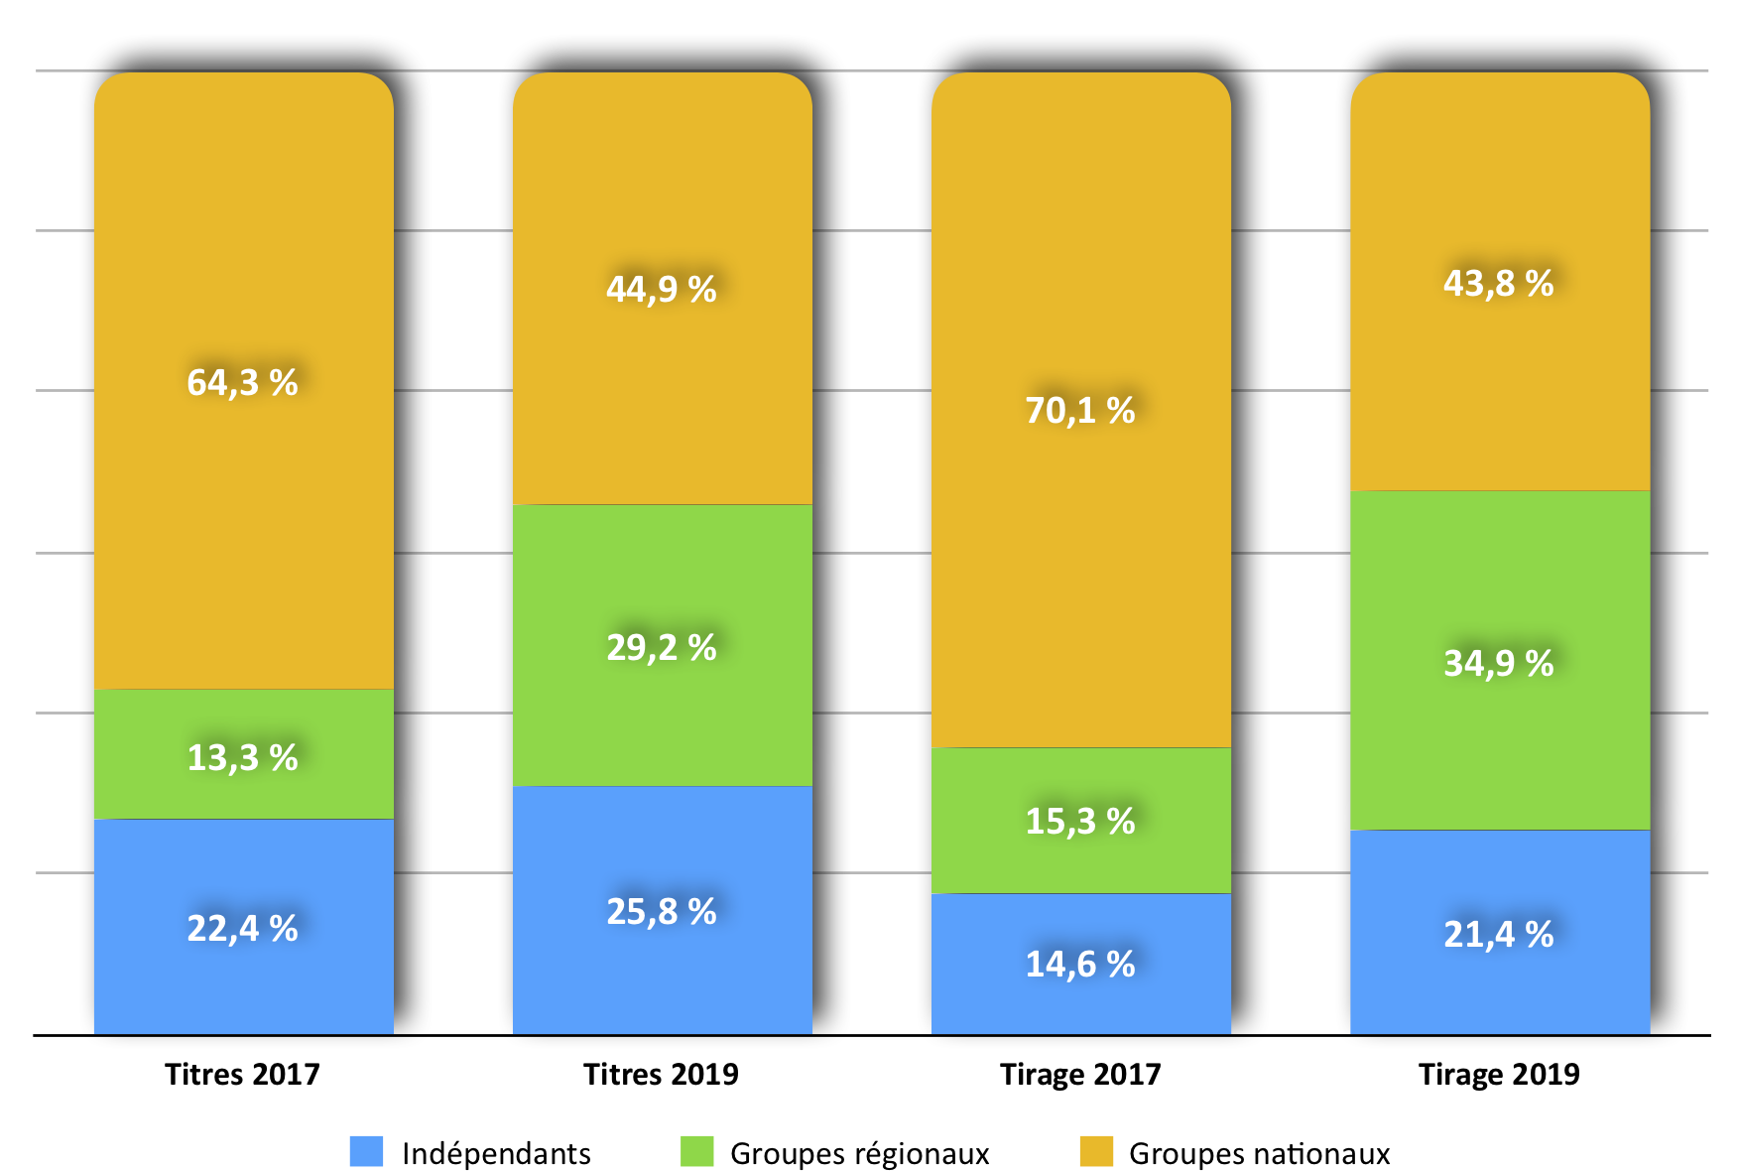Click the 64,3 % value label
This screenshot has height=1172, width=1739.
coord(243,383)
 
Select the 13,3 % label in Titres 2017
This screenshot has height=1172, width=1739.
coord(243,758)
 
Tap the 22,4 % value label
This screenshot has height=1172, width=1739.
coord(243,929)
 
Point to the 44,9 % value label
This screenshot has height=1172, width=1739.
coord(662,290)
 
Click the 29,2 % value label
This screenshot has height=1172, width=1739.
coord(662,648)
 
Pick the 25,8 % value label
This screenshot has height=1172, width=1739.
coord(662,912)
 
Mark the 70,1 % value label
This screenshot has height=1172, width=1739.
coord(1080,411)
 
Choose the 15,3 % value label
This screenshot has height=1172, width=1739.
coord(1080,822)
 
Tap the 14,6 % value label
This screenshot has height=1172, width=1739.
coord(1080,965)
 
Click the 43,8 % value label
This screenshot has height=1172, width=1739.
coord(1499,284)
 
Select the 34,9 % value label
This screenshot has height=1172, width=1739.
coord(1499,664)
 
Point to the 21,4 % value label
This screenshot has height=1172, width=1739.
coord(1499,935)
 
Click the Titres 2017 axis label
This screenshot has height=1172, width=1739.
coord(243,1075)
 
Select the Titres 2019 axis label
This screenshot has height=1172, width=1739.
coord(662,1075)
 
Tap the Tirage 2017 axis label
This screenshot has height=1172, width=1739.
coord(1080,1075)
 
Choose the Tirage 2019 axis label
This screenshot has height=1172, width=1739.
coord(1499,1075)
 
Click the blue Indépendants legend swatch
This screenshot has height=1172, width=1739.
coord(367,1152)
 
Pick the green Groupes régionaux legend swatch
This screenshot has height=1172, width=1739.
coord(697,1152)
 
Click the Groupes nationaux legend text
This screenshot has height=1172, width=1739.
coord(1259,1154)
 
